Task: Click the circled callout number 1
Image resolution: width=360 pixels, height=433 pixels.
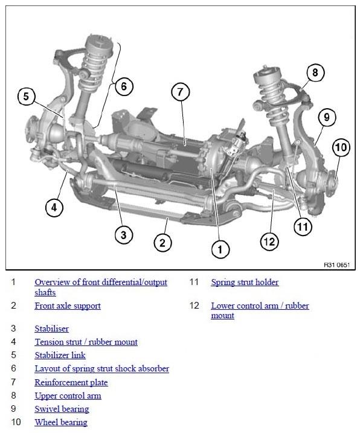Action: [x=220, y=249]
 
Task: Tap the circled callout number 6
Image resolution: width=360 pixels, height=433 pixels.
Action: [x=124, y=86]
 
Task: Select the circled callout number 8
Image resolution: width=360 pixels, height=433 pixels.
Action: [x=315, y=72]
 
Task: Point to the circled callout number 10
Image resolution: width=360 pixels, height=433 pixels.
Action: [x=341, y=147]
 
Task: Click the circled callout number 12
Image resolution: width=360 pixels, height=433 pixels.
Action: [x=269, y=242]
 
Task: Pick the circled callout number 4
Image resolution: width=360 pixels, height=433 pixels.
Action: [x=54, y=207]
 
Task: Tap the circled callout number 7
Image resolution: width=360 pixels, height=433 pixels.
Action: [x=181, y=92]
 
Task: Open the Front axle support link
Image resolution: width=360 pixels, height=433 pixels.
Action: [x=68, y=306]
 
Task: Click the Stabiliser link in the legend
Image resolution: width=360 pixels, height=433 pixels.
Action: [x=52, y=329]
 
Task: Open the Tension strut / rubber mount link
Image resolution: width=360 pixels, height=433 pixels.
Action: [x=86, y=342]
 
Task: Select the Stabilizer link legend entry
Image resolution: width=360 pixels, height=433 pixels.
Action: [x=60, y=355]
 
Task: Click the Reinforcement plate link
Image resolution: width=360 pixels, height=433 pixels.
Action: [x=71, y=382]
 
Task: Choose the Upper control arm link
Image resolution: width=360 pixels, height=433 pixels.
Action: [x=68, y=396]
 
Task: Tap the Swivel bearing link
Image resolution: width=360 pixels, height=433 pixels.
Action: [x=62, y=409]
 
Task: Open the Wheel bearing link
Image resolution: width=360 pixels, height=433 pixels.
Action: [x=61, y=422]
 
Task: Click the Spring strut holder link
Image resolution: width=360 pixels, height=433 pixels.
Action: [x=245, y=282]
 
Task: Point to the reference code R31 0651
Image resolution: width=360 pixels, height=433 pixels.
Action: [x=337, y=265]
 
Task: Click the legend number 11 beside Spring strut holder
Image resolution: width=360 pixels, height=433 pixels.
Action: [x=194, y=282]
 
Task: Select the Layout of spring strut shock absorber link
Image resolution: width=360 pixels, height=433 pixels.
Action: [x=101, y=368]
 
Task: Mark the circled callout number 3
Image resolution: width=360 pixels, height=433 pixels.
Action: [x=124, y=235]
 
